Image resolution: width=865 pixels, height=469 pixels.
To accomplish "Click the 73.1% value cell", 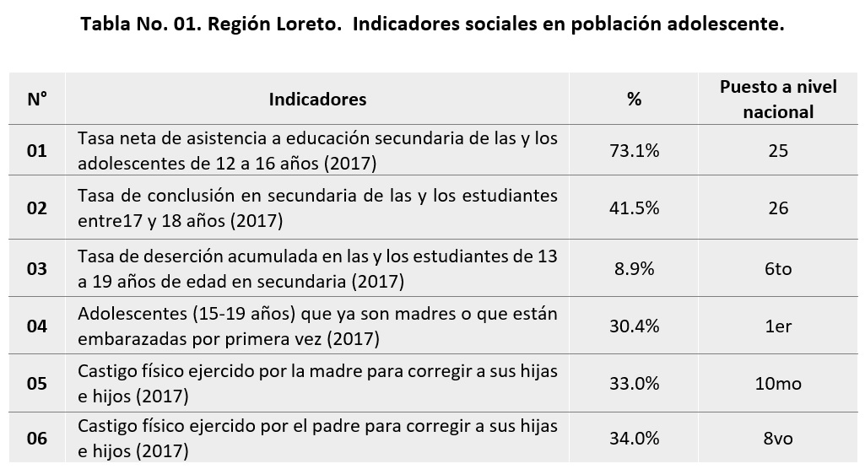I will click(x=634, y=151).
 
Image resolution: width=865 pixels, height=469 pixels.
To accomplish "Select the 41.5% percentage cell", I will click(x=634, y=208).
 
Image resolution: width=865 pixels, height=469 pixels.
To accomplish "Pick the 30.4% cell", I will click(x=634, y=326).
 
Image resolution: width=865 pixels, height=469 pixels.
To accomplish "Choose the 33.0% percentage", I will click(x=634, y=383).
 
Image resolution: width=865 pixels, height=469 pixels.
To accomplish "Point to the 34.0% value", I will click(x=634, y=439).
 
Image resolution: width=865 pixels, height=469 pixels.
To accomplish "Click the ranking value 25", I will click(x=778, y=151).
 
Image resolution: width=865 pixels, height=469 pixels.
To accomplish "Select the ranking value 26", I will click(x=778, y=208).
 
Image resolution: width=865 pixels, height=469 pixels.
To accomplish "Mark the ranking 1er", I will click(x=778, y=326).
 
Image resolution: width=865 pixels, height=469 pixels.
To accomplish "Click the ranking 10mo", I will click(x=778, y=383).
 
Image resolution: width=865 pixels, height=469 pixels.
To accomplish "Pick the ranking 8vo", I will click(x=778, y=439).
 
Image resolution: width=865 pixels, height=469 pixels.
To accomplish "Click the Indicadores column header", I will click(x=317, y=100).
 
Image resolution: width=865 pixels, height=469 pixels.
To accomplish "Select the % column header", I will click(x=634, y=100).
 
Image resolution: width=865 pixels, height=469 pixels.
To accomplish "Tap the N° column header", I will click(x=36, y=100).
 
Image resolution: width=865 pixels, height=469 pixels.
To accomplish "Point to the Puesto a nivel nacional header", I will click(x=778, y=100).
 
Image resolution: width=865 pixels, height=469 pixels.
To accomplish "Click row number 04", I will click(x=36, y=326).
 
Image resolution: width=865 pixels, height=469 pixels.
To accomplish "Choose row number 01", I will click(x=36, y=151).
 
